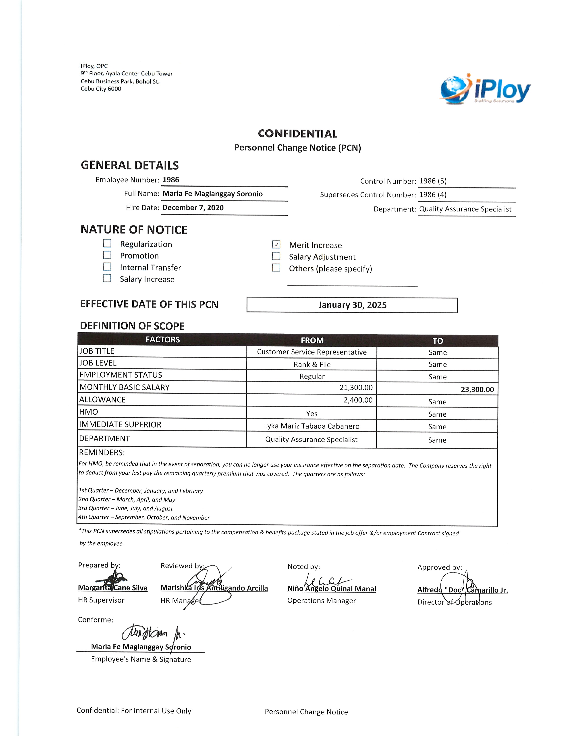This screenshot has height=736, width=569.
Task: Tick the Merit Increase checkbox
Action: click(x=276, y=244)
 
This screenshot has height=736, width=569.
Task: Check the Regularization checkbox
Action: click(x=107, y=243)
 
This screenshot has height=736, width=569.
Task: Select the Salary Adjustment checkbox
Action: click(x=276, y=256)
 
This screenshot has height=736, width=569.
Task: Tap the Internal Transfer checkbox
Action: click(x=107, y=267)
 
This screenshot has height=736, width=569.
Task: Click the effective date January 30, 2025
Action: click(x=352, y=305)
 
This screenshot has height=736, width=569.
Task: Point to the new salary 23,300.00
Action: click(x=477, y=390)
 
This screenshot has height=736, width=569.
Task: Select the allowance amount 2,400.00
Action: click(x=358, y=400)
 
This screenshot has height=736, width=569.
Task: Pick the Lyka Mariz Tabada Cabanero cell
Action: click(x=311, y=426)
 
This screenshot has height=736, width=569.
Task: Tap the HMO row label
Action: click(x=89, y=412)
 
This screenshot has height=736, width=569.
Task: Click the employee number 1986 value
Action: click(x=171, y=180)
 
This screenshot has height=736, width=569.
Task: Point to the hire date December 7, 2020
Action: click(x=193, y=208)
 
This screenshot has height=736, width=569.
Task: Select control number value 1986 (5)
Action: click(x=433, y=181)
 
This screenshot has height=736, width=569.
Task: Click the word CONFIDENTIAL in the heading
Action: click(x=298, y=134)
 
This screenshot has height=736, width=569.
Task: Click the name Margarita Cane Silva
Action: click(x=113, y=588)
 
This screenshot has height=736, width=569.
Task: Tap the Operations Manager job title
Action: click(x=321, y=601)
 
